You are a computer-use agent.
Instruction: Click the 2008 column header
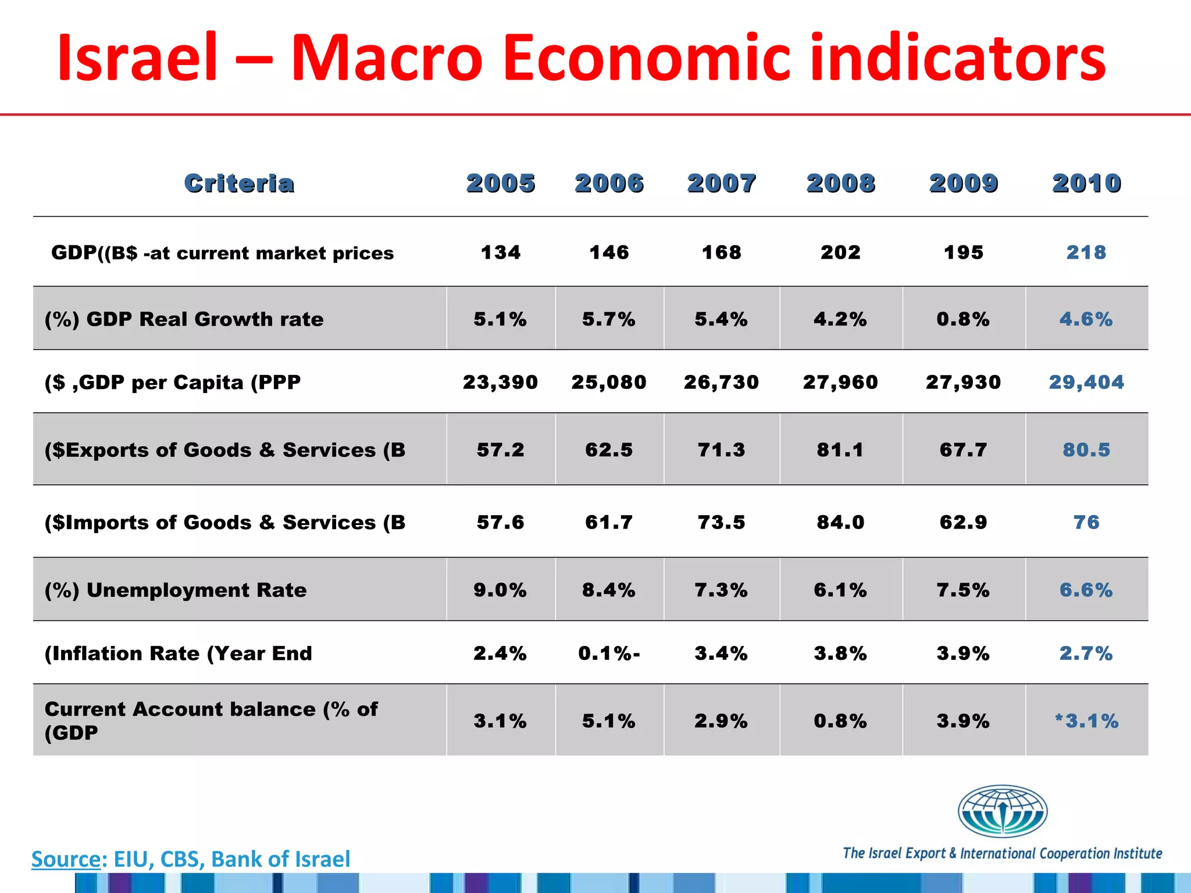pyautogui.click(x=840, y=183)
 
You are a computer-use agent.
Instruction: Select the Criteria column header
pyautogui.click(x=239, y=183)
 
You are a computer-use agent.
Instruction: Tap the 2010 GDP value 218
pyautogui.click(x=1086, y=252)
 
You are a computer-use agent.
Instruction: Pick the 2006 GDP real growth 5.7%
pyautogui.click(x=609, y=319)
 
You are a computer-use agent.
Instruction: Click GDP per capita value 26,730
pyautogui.click(x=721, y=382)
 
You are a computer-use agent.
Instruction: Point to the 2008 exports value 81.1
pyautogui.click(x=840, y=450)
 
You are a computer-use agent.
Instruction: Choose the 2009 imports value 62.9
pyautogui.click(x=963, y=522)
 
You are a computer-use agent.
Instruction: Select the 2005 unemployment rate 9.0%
pyautogui.click(x=500, y=590)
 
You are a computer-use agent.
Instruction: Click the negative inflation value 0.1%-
pyautogui.click(x=609, y=653)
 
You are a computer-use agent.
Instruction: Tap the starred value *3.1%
pyautogui.click(x=1086, y=721)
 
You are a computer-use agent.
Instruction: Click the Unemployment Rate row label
pyautogui.click(x=176, y=590)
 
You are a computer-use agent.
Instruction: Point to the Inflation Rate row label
pyautogui.click(x=178, y=653)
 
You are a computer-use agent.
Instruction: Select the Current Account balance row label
pyautogui.click(x=211, y=720)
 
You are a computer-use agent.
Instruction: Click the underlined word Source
pyautogui.click(x=66, y=859)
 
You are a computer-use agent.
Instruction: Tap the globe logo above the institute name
pyautogui.click(x=1002, y=812)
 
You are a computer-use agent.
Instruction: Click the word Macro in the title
pyautogui.click(x=387, y=58)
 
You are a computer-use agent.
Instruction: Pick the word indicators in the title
pyautogui.click(x=958, y=58)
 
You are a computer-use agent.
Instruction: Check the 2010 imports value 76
pyautogui.click(x=1086, y=522)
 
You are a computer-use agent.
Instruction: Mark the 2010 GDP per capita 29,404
pyautogui.click(x=1086, y=382)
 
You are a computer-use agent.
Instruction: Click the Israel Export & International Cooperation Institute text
pyautogui.click(x=1002, y=853)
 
